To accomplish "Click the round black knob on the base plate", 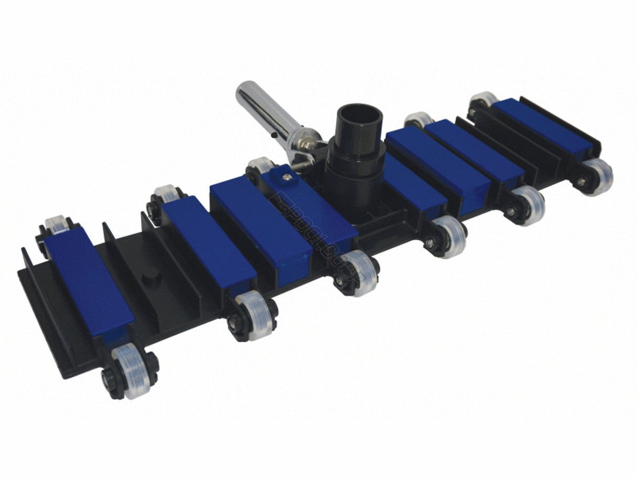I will click(152, 276).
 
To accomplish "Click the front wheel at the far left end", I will click(130, 370).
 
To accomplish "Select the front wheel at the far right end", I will click(596, 176).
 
